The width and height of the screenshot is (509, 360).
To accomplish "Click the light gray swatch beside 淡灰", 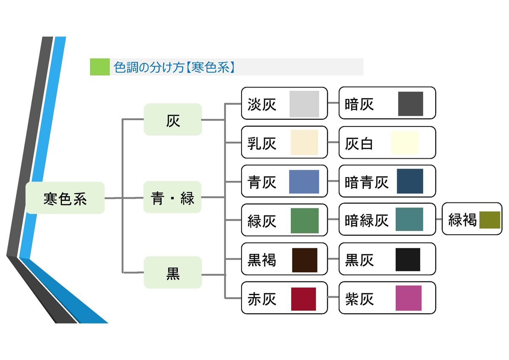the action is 304,104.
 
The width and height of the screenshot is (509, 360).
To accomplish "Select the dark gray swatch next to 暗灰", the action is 411,104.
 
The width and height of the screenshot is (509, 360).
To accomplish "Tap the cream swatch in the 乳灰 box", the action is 304,143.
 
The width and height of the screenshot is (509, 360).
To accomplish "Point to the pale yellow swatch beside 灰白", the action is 405,143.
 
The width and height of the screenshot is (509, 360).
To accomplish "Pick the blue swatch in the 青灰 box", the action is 304,181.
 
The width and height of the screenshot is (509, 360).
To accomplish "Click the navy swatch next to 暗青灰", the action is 410,181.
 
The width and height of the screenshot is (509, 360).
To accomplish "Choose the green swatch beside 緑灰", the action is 304,221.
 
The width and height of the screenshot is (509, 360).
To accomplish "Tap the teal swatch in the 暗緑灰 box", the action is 409,219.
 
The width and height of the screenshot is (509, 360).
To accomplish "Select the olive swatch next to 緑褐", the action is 490,220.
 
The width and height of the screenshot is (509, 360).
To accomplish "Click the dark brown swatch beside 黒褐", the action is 304,260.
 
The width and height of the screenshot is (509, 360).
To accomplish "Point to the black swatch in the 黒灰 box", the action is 408,260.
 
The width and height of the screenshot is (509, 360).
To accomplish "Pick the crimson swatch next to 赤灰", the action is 304,299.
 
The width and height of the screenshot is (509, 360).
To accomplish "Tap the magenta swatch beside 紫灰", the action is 409,298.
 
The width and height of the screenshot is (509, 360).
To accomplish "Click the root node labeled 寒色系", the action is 65,198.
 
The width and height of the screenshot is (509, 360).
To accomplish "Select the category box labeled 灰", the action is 173,119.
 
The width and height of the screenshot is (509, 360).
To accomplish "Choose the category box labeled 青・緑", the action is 172,197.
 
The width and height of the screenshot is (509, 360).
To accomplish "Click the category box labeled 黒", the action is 173,273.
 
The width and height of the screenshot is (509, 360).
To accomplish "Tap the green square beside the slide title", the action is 100,67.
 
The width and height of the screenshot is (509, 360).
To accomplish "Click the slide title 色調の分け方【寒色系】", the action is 174,67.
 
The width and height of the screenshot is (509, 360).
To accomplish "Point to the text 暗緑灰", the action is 366,221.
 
